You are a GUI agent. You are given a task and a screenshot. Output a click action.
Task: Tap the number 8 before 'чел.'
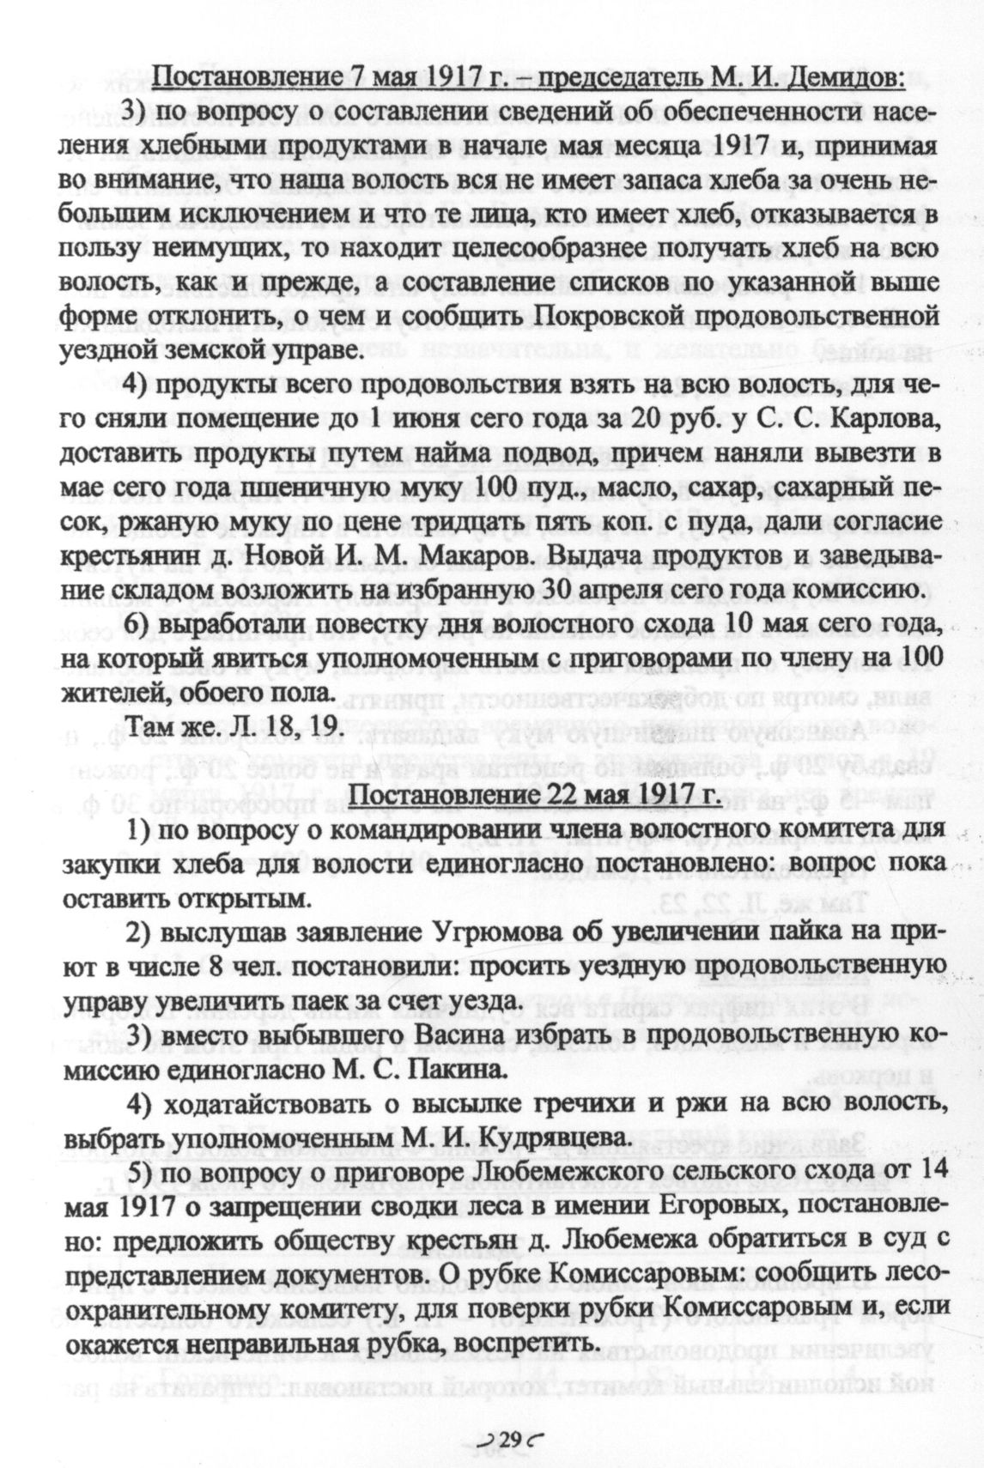coord(213,967)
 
